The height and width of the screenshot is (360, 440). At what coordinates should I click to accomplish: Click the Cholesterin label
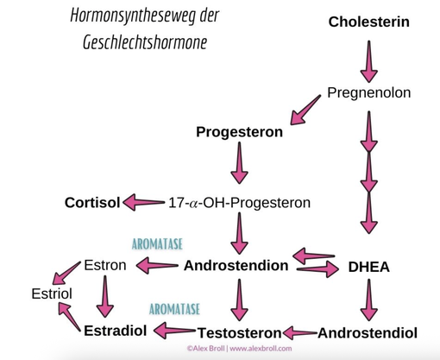[369, 22]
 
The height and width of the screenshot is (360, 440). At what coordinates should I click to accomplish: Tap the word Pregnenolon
[369, 93]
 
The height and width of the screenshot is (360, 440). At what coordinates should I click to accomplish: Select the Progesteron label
[239, 132]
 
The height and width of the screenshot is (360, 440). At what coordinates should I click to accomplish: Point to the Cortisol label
[92, 203]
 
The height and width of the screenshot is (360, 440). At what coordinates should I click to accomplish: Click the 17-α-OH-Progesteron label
[239, 203]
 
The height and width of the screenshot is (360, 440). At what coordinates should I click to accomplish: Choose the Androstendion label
[236, 265]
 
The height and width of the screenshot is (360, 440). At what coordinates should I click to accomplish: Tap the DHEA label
[369, 267]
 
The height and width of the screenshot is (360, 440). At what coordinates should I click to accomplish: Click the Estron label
[105, 265]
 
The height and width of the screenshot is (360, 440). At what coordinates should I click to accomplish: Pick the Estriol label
[52, 294]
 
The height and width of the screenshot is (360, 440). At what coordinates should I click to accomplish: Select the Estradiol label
[116, 331]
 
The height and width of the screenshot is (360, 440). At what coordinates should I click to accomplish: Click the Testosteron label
[239, 333]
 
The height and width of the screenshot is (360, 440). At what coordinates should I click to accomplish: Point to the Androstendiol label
[368, 333]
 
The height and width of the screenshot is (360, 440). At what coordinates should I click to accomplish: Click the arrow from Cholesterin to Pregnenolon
[369, 61]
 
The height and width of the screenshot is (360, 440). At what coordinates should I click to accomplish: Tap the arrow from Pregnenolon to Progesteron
[305, 111]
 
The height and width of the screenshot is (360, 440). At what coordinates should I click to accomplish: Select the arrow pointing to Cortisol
[143, 202]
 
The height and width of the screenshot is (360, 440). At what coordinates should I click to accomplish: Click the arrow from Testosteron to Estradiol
[174, 331]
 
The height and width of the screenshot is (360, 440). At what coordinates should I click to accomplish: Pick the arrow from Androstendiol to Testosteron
[300, 333]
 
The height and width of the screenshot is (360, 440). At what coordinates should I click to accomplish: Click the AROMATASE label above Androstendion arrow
[157, 244]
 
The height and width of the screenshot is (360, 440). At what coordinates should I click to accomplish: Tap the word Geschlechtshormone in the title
[145, 42]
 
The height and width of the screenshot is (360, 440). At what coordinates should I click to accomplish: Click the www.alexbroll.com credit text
[261, 349]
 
